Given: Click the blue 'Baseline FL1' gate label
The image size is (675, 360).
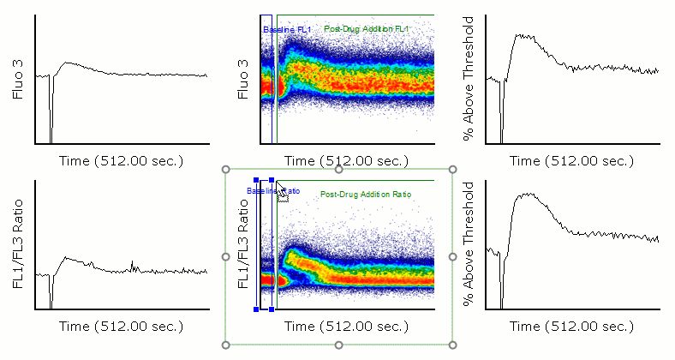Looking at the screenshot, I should tap(286, 30).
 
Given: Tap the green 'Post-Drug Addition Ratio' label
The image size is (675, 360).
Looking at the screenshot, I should tap(366, 195).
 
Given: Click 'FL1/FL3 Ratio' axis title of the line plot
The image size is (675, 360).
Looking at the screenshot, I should tap(19, 244).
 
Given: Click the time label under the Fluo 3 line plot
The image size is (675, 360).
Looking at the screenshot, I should tap(121, 161).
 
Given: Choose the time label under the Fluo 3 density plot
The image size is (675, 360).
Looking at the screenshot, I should tap(346, 161).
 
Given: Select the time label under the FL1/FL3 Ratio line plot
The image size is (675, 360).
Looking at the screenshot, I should tap(121, 326).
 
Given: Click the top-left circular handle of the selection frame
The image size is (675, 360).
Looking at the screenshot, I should tap(226, 169).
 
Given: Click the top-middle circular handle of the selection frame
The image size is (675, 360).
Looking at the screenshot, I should tap(339, 169).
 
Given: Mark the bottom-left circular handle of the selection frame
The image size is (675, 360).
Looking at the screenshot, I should tap(226, 345).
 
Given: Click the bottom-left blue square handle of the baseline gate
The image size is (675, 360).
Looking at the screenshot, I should tap(257, 309).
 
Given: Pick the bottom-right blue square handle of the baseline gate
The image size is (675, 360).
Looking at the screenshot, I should tap(272, 309).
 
